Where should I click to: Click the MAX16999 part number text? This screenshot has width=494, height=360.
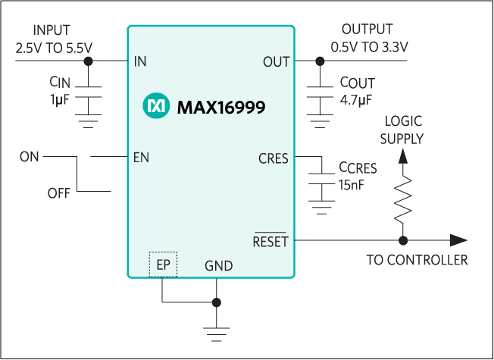[220, 108]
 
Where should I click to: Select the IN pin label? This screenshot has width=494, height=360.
[140, 61]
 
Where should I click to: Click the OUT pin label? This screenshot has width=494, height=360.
[276, 61]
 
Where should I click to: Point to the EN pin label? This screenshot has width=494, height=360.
[141, 158]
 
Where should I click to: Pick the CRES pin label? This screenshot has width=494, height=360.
[274, 158]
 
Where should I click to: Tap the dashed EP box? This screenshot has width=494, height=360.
[163, 265]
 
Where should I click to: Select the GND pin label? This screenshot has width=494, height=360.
[218, 266]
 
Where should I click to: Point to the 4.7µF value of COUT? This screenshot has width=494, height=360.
[355, 99]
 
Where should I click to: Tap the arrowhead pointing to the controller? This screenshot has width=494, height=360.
[458, 240]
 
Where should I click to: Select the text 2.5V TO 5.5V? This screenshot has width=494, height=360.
[54, 47]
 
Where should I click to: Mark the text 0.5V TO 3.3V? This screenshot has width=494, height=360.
[369, 46]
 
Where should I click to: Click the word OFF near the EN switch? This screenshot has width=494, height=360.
[59, 193]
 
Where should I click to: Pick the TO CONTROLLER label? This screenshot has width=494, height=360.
[417, 260]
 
